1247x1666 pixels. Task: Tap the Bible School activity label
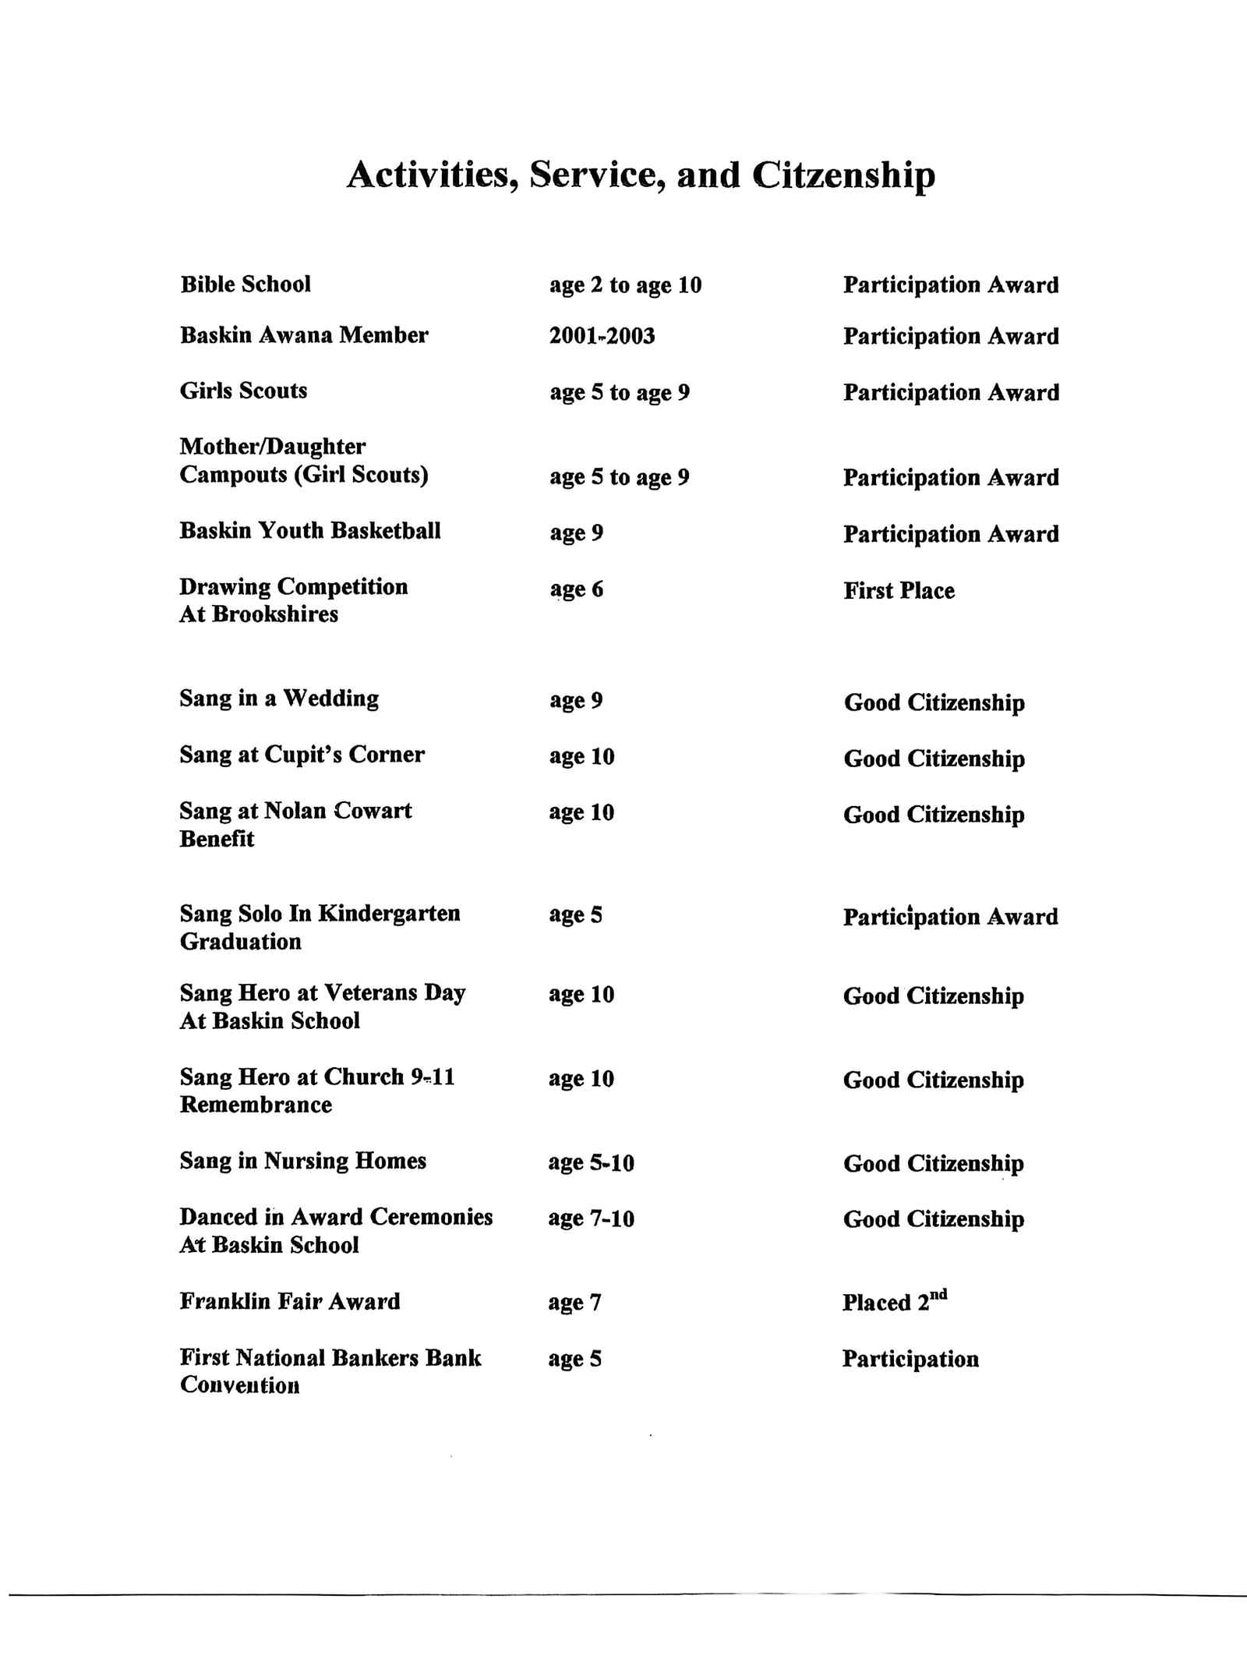(246, 285)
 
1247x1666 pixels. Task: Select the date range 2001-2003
(602, 336)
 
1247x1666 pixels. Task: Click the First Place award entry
(899, 591)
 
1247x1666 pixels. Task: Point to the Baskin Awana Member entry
(304, 336)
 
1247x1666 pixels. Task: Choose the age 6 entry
(576, 589)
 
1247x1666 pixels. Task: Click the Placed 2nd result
(894, 1301)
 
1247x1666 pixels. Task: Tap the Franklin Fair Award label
(290, 1301)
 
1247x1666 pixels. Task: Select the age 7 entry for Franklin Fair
(574, 1303)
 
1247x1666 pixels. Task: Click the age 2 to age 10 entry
(625, 285)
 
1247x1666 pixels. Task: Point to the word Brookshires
(275, 614)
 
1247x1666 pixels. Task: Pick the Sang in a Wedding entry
(279, 699)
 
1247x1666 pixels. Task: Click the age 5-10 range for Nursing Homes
(591, 1163)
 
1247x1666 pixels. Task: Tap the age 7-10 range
(591, 1219)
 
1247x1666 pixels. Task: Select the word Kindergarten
(390, 914)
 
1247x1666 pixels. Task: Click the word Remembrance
(256, 1105)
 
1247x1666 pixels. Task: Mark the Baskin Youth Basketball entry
(310, 531)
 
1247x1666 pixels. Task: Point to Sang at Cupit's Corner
(302, 755)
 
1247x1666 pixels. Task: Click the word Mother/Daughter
(273, 447)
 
